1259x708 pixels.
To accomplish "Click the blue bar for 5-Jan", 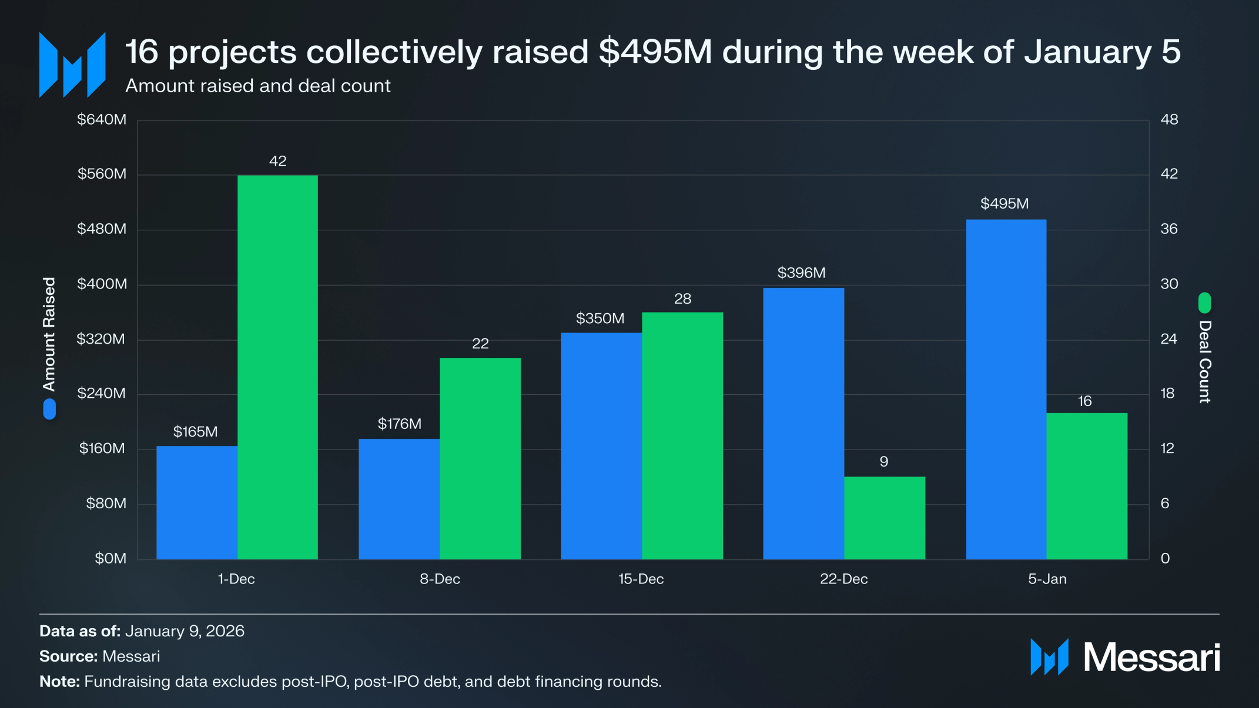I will [x=1006, y=389].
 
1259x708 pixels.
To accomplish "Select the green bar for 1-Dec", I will [x=277, y=367].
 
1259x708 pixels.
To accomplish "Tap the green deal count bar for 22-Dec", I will [x=884, y=518].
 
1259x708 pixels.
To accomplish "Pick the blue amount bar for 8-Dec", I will [x=399, y=499].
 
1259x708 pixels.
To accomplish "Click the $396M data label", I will [x=801, y=273].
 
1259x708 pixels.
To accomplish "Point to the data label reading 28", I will [x=682, y=298].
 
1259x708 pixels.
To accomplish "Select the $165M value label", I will [x=195, y=432].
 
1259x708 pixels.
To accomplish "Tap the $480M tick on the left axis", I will [x=102, y=229].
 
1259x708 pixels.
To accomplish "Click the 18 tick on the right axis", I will [x=1167, y=393].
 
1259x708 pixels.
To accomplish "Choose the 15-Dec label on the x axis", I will [x=641, y=579].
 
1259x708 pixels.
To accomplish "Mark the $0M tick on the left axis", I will [x=111, y=558].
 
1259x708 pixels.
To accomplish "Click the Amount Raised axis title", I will [x=49, y=334].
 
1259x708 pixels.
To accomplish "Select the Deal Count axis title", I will [x=1204, y=361].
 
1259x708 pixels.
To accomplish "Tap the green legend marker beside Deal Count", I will [x=1204, y=303].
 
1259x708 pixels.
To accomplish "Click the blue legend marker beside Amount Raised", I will [x=49, y=409].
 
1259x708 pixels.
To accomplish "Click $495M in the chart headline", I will [x=655, y=52].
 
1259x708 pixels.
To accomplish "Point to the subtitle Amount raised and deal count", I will [x=257, y=86].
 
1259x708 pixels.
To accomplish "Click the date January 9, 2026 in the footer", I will [x=185, y=631].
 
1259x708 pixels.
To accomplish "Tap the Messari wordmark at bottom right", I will [x=1151, y=657].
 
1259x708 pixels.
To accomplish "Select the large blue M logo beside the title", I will [x=72, y=65].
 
